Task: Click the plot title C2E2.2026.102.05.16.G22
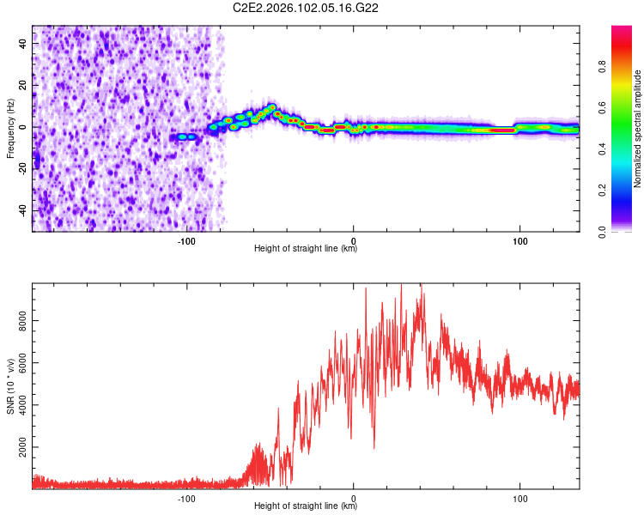[307, 8]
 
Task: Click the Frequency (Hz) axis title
[11, 128]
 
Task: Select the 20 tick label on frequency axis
[23, 85]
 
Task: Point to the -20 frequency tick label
[21, 168]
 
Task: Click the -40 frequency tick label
[21, 210]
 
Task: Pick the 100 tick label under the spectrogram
[519, 240]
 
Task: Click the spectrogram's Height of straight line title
[306, 249]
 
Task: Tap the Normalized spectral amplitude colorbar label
[638, 129]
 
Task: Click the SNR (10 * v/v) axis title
[11, 385]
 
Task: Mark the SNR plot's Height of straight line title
[306, 506]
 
